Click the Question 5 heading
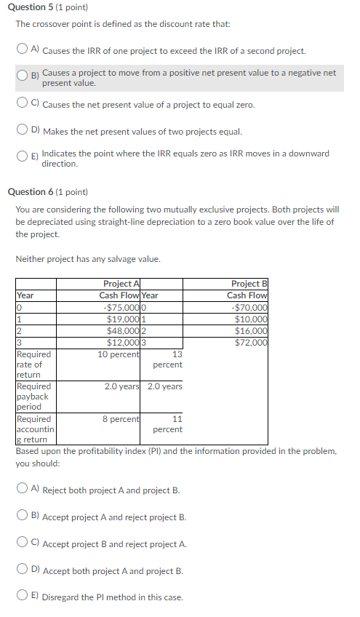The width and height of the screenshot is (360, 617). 47,7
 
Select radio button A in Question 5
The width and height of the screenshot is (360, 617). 24,50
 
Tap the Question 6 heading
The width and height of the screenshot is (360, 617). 47,192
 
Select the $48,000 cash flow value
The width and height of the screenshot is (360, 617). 124,330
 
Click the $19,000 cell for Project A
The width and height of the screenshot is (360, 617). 124,319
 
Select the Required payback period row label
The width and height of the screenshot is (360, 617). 33,397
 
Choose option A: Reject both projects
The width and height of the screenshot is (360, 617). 24,490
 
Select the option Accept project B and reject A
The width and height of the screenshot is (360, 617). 24,544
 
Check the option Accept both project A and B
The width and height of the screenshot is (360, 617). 24,570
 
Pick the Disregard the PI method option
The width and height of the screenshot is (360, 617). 24,597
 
